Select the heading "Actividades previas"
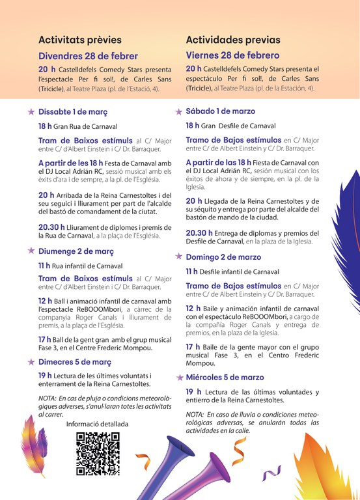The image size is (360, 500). coord(233,40)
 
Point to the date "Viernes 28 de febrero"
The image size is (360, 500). coord(232,55)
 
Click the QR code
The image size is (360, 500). coord(98,454)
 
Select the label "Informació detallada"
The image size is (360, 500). coord(98,424)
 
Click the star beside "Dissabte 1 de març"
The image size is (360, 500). coord(31,111)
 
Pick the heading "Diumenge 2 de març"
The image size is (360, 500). coord(76,251)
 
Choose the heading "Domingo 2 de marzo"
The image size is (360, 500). coord(223,257)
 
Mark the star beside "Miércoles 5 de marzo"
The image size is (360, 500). coord(179,377)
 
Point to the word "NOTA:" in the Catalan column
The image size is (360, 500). coord(48,398)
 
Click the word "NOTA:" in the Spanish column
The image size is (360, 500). coord(195,415)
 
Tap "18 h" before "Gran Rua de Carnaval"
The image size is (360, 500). coord(46,126)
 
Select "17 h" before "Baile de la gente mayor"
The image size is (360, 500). coord(193,347)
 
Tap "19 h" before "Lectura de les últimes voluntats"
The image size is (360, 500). coord(46,376)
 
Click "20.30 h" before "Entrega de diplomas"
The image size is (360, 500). coord(199,232)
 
